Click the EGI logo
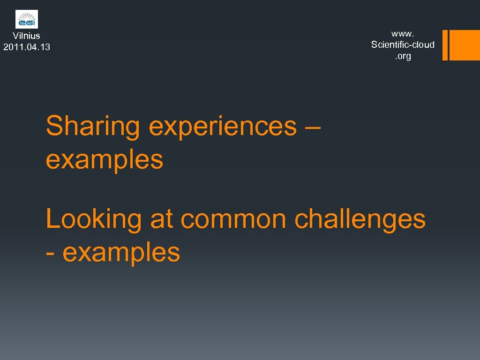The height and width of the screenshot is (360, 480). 27,19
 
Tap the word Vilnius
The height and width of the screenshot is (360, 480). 27,36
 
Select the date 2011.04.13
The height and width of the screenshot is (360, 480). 27,47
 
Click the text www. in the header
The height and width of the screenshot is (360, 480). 403,33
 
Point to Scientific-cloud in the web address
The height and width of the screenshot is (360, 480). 403,45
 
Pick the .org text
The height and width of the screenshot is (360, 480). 403,56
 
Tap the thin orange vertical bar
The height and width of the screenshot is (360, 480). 445,45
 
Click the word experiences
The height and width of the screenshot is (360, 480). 223,127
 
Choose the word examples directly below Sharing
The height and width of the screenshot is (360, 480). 105,159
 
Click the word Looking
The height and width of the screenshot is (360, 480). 94,219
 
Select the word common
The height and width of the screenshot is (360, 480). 233,219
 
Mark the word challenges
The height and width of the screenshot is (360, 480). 360,219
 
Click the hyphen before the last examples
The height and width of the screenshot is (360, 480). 50,253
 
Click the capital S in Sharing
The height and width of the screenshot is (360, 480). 54,126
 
